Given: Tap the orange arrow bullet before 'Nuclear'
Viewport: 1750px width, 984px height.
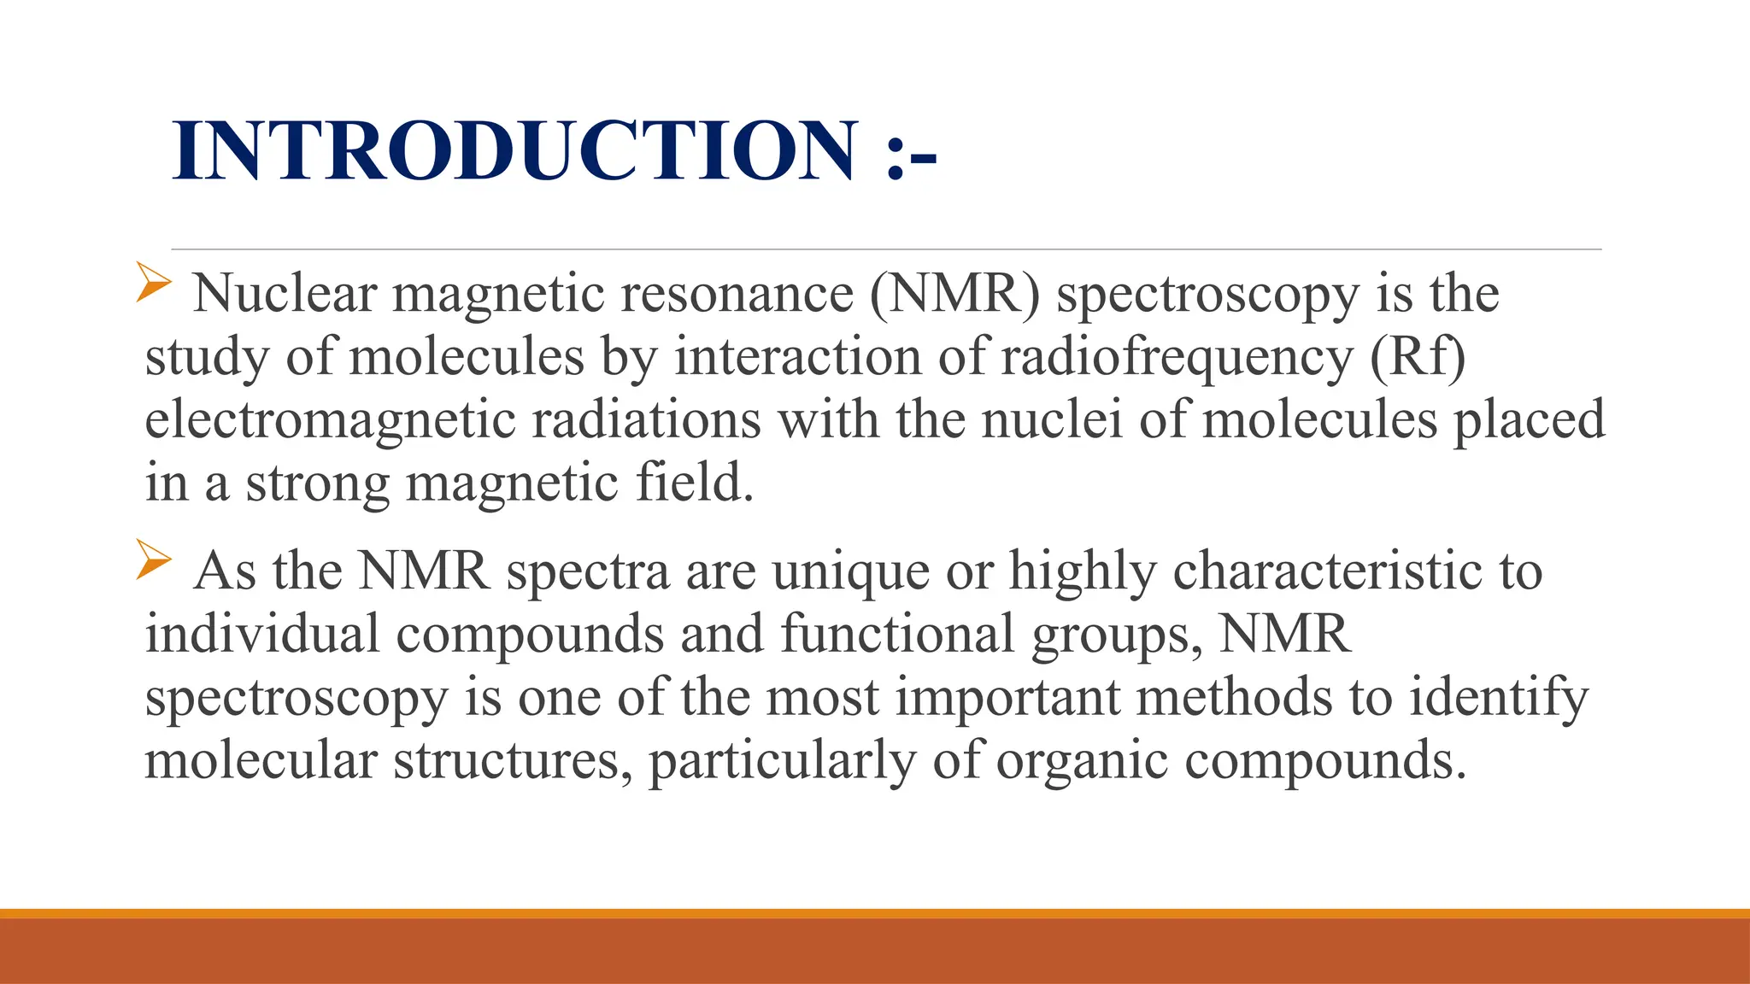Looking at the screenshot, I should pyautogui.click(x=154, y=282).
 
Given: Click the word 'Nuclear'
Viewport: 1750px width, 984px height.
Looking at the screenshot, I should pyautogui.click(x=285, y=294).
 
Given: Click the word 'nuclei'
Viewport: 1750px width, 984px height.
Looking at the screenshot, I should pyautogui.click(x=1051, y=420).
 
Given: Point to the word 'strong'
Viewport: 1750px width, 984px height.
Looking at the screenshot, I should pyautogui.click(x=317, y=483).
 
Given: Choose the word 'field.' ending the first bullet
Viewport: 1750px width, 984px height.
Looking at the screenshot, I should pyautogui.click(x=695, y=483).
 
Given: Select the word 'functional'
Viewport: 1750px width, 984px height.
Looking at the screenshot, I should pyautogui.click(x=897, y=634).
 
